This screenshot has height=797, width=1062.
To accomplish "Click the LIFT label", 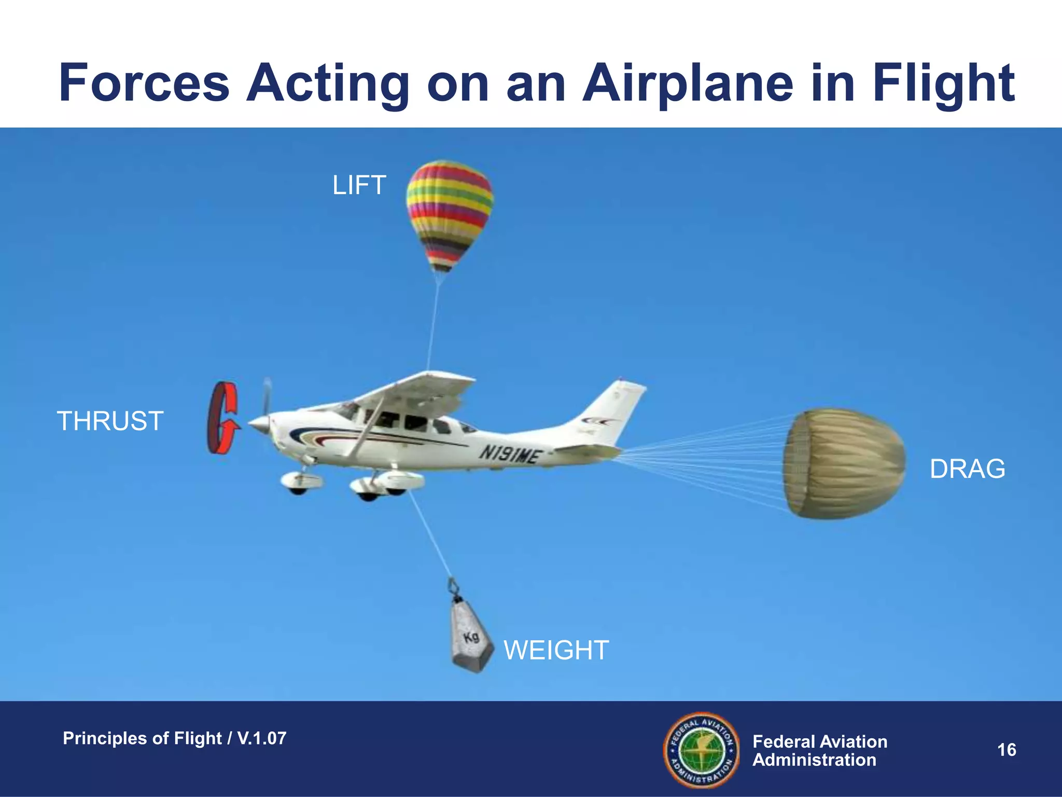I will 359,186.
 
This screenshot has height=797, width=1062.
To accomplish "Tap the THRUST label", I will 110,421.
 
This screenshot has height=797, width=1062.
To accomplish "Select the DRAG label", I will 967,469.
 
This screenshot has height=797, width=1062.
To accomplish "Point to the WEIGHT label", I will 556,650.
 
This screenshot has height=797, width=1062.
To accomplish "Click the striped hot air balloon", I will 450,213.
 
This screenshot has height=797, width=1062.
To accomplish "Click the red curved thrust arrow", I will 223,418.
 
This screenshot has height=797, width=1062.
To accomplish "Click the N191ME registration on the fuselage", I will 509,455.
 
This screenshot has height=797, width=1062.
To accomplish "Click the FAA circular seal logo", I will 702,750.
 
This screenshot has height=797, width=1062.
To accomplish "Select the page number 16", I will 1007,750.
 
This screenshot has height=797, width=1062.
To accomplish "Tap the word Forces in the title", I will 144,83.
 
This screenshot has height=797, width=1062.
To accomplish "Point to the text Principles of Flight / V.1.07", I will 175,738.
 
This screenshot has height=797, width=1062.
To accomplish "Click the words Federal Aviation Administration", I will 819,751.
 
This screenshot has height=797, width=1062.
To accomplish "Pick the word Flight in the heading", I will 943,83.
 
